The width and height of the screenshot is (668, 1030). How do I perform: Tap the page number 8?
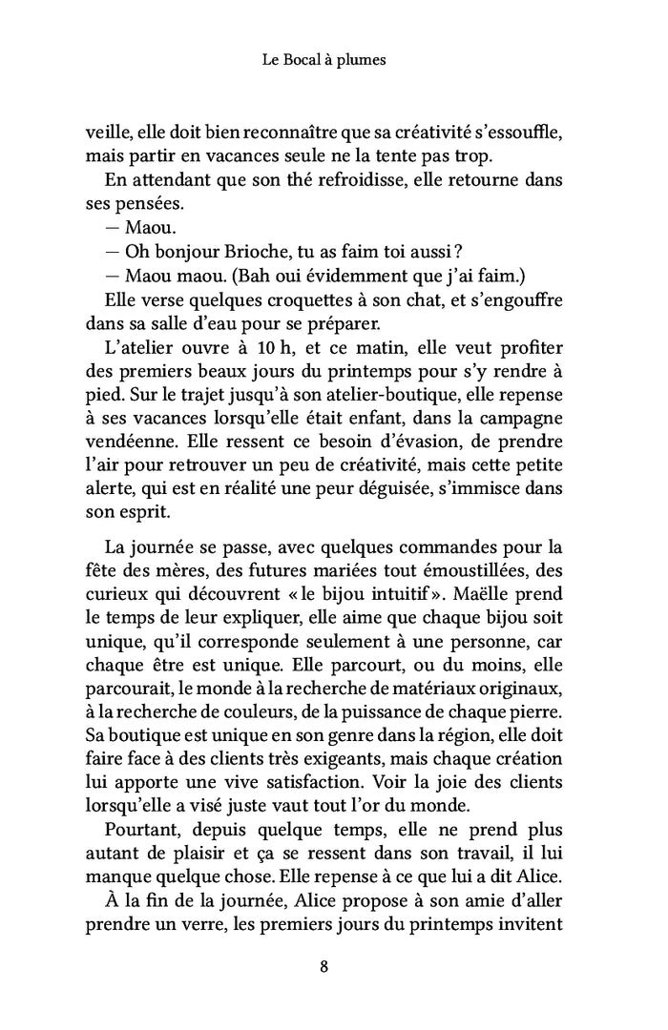click(x=324, y=967)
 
